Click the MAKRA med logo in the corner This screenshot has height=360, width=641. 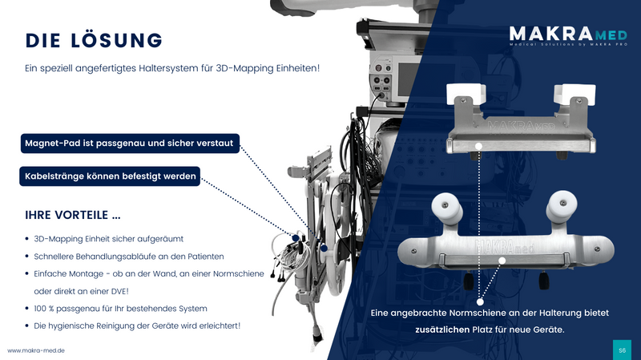pyautogui.click(x=565, y=37)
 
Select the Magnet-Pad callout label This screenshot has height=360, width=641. pyautogui.click(x=131, y=144)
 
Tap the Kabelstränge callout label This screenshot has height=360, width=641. pyautogui.click(x=111, y=177)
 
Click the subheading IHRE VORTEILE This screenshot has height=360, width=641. pyautogui.click(x=74, y=216)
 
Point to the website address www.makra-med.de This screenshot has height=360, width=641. pyautogui.click(x=36, y=350)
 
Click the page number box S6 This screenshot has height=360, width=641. pyautogui.click(x=623, y=350)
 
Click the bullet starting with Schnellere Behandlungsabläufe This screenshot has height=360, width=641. pyautogui.click(x=128, y=256)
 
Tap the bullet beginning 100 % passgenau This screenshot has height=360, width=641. pyautogui.click(x=120, y=309)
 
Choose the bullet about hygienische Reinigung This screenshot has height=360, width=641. pyautogui.click(x=136, y=326)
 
